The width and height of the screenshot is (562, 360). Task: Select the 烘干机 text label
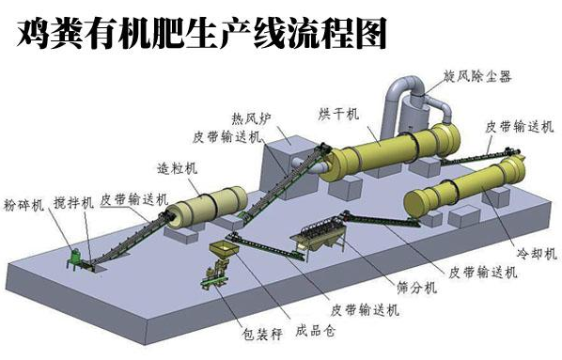338,115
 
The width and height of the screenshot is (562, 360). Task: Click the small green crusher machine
73,256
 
